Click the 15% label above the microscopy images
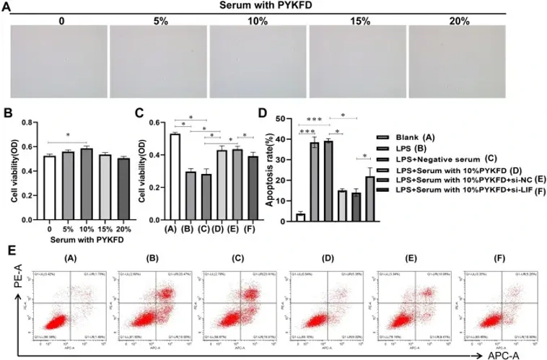pos(357,22)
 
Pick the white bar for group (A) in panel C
pos(175,164)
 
